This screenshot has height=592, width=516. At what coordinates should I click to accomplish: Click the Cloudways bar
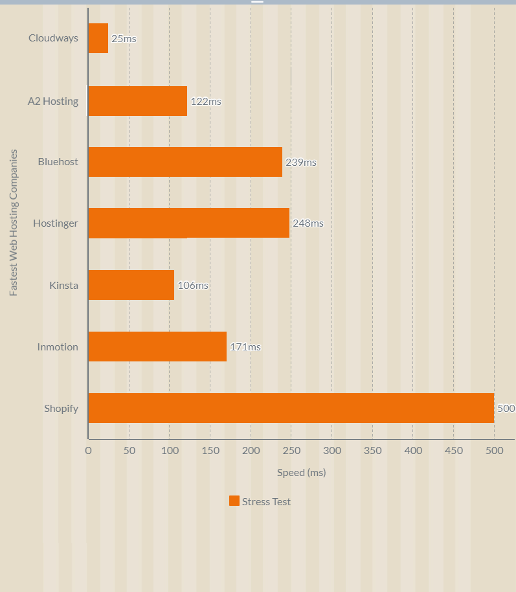pyautogui.click(x=98, y=38)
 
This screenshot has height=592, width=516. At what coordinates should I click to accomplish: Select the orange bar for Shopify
pyautogui.click(x=291, y=408)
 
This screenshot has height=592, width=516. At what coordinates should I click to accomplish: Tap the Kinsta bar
pyautogui.click(x=131, y=285)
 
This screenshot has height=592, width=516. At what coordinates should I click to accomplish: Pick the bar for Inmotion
pyautogui.click(x=157, y=347)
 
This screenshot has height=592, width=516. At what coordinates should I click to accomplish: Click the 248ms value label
pyautogui.click(x=308, y=223)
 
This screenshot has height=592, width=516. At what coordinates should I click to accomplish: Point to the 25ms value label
pyautogui.click(x=124, y=39)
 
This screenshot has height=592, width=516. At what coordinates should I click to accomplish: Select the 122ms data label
pyautogui.click(x=206, y=102)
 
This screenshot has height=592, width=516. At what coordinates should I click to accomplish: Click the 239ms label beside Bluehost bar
pyautogui.click(x=301, y=163)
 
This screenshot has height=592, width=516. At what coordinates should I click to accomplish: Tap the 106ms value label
pyautogui.click(x=193, y=286)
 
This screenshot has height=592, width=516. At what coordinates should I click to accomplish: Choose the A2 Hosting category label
pyautogui.click(x=53, y=101)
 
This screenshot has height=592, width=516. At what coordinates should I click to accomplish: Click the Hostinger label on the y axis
pyautogui.click(x=56, y=223)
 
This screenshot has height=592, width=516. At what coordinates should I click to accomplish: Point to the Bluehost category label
pyautogui.click(x=58, y=162)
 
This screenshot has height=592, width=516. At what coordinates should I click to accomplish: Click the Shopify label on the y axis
pyautogui.click(x=61, y=409)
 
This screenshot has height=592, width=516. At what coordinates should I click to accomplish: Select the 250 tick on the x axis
pyautogui.click(x=291, y=451)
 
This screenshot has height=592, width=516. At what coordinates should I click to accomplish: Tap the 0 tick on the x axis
pyautogui.click(x=88, y=451)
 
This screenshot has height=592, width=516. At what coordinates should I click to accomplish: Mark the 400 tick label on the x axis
pyautogui.click(x=413, y=451)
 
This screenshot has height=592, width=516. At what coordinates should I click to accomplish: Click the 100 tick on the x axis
pyautogui.click(x=169, y=451)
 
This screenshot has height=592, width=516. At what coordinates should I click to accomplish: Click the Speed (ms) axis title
pyautogui.click(x=301, y=473)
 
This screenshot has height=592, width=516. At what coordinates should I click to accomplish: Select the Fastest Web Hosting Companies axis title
pyautogui.click(x=14, y=223)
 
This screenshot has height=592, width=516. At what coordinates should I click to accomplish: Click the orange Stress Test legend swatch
pyautogui.click(x=234, y=501)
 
